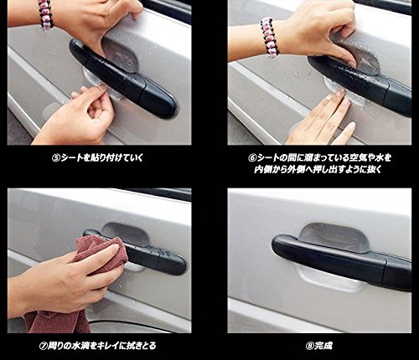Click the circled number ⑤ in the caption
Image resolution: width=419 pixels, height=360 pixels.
(56, 158)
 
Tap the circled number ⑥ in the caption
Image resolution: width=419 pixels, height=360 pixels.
(252, 158)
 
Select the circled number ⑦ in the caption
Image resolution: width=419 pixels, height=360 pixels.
(43, 346)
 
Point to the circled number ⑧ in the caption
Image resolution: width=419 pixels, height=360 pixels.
(310, 346)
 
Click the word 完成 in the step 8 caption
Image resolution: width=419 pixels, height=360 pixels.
(323, 346)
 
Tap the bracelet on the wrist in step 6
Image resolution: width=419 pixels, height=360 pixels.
(269, 36)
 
